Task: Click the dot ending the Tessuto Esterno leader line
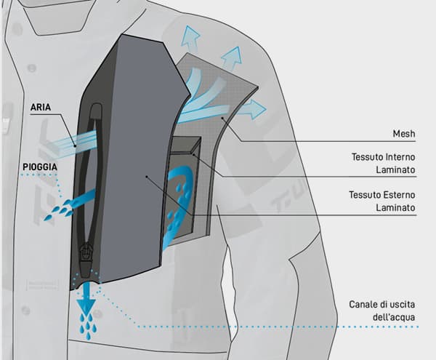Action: [146, 175]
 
